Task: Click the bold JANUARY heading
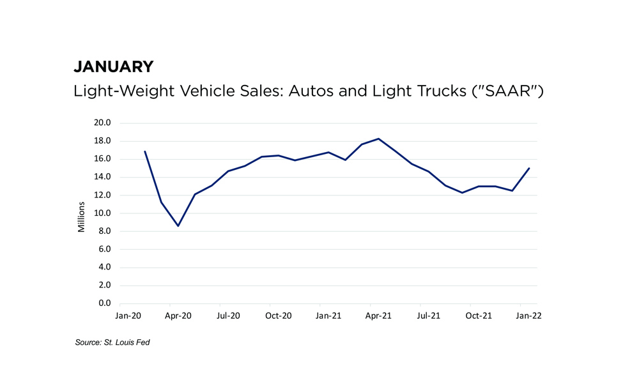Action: (x=114, y=66)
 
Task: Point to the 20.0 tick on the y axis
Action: (x=102, y=123)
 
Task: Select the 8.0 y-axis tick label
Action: (x=104, y=231)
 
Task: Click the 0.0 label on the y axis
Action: (x=104, y=303)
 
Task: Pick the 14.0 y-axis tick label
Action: (x=102, y=177)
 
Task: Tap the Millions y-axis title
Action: (x=81, y=214)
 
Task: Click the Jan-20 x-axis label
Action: (x=128, y=316)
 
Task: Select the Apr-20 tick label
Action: (x=178, y=316)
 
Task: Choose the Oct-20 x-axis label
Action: (x=279, y=316)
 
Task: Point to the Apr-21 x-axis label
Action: (x=379, y=316)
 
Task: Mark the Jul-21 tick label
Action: (x=429, y=316)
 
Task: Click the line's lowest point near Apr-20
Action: (x=178, y=225)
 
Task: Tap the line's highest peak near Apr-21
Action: (x=379, y=139)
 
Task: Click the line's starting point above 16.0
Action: (x=145, y=151)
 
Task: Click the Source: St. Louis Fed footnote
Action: (x=112, y=343)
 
